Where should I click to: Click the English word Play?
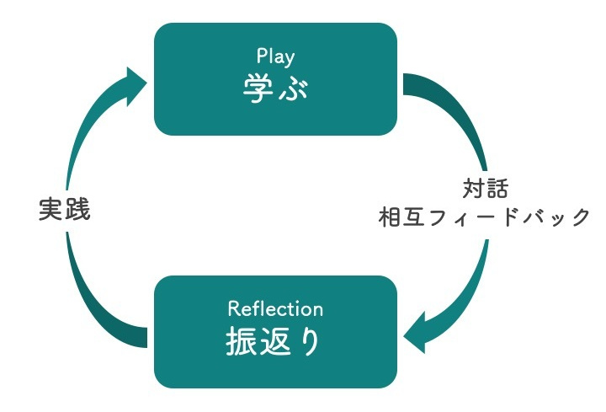pos(275,57)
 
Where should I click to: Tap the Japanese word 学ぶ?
pos(275,88)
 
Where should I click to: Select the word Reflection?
pos(275,309)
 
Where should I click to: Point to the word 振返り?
pos(274,341)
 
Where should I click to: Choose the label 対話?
pos(486,186)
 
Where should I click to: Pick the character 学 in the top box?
pos(257,88)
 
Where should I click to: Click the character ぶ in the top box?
pos(294,88)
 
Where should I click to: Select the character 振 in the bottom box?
pos(240,341)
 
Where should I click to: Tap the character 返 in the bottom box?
pos(274,341)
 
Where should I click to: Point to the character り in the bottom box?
pos(309,341)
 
